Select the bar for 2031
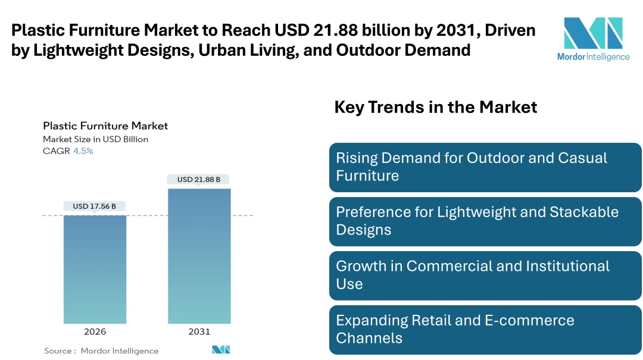(199, 256)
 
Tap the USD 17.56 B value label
(95, 206)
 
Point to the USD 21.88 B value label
(199, 179)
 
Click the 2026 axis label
(95, 331)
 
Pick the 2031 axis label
(199, 331)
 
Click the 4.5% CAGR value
(83, 151)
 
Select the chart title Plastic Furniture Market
(105, 126)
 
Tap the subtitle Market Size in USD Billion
(95, 139)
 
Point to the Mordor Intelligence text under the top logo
(593, 57)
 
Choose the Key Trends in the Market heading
(436, 107)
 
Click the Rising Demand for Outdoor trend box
(485, 167)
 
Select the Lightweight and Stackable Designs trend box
(485, 221)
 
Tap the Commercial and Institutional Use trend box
(485, 276)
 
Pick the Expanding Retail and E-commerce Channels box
(485, 329)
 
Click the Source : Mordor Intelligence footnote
(101, 351)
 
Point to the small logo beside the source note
(221, 350)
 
